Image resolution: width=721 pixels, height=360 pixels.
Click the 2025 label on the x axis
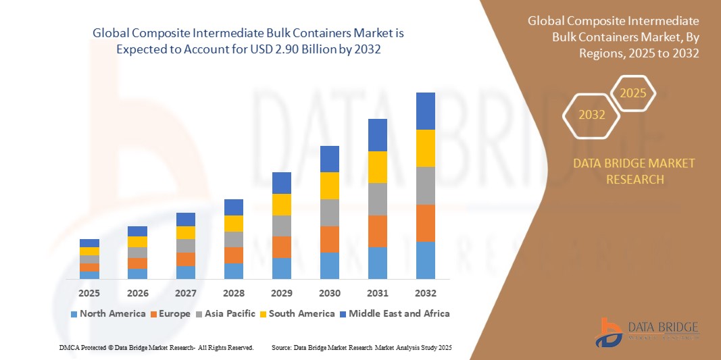[x=89, y=294]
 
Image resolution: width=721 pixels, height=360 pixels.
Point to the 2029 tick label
[x=282, y=294]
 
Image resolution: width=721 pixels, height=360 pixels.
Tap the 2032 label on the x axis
[x=426, y=294]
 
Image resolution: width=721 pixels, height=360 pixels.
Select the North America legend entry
[x=107, y=313]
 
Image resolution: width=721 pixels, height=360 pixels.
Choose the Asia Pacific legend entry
[x=226, y=313]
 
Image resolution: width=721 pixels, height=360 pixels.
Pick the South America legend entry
[x=297, y=313]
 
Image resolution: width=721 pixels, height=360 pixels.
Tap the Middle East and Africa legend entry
[x=395, y=313]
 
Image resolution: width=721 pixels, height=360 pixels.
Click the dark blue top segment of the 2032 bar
[x=426, y=111]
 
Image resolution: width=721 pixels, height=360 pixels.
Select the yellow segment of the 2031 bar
[x=378, y=167]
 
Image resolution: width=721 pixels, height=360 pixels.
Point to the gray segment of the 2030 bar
[x=330, y=212]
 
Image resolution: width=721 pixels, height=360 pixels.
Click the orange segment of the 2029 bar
[x=282, y=247]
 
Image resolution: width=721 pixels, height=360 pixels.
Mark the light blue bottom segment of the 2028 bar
[x=234, y=271]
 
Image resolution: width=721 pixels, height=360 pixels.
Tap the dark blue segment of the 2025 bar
[x=89, y=243]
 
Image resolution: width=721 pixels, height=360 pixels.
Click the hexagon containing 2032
[x=592, y=115]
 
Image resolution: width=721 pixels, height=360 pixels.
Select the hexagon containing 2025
[x=633, y=93]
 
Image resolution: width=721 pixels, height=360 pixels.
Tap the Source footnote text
[x=361, y=347]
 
